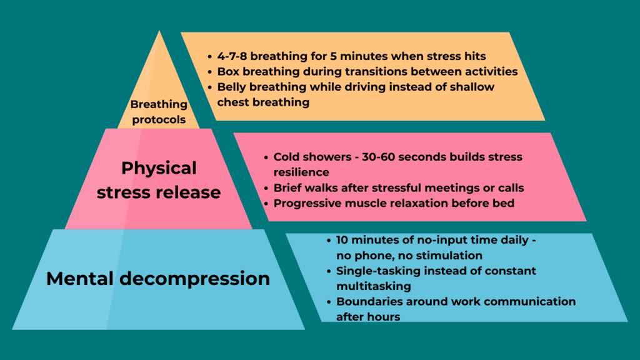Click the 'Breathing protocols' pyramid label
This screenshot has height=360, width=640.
click(x=159, y=112)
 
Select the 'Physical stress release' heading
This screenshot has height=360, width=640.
click(x=159, y=179)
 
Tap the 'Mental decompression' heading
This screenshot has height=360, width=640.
click(x=158, y=278)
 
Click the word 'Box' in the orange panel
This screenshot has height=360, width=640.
click(x=229, y=72)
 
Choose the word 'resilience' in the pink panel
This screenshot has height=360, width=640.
click(x=302, y=171)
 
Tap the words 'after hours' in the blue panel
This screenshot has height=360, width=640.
click(x=368, y=317)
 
